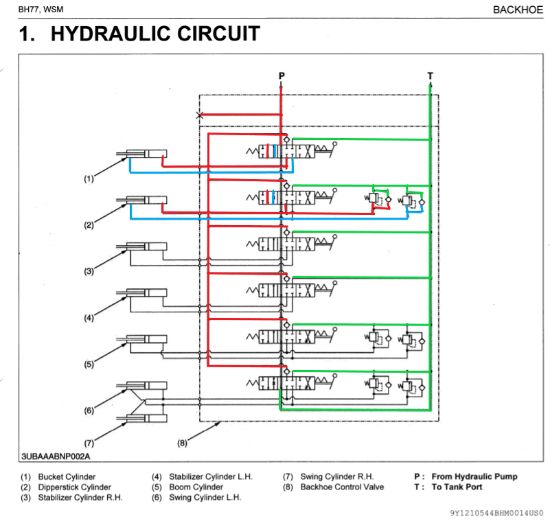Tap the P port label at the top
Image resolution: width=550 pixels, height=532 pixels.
282,74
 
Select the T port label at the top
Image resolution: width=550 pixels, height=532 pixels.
430,75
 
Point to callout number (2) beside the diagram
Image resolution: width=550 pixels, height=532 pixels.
89,225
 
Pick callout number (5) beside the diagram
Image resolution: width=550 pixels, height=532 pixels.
89,365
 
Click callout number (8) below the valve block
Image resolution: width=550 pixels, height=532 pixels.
182,443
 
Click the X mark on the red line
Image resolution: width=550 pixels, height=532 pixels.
200,115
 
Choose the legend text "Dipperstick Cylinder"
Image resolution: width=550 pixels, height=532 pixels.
74,487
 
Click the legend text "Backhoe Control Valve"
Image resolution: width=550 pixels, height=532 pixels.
342,487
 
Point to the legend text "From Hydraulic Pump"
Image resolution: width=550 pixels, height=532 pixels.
474,476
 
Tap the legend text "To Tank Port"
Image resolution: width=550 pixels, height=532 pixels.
457,487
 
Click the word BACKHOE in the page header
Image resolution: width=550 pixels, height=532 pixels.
518,10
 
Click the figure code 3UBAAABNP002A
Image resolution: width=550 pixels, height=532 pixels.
56,456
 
